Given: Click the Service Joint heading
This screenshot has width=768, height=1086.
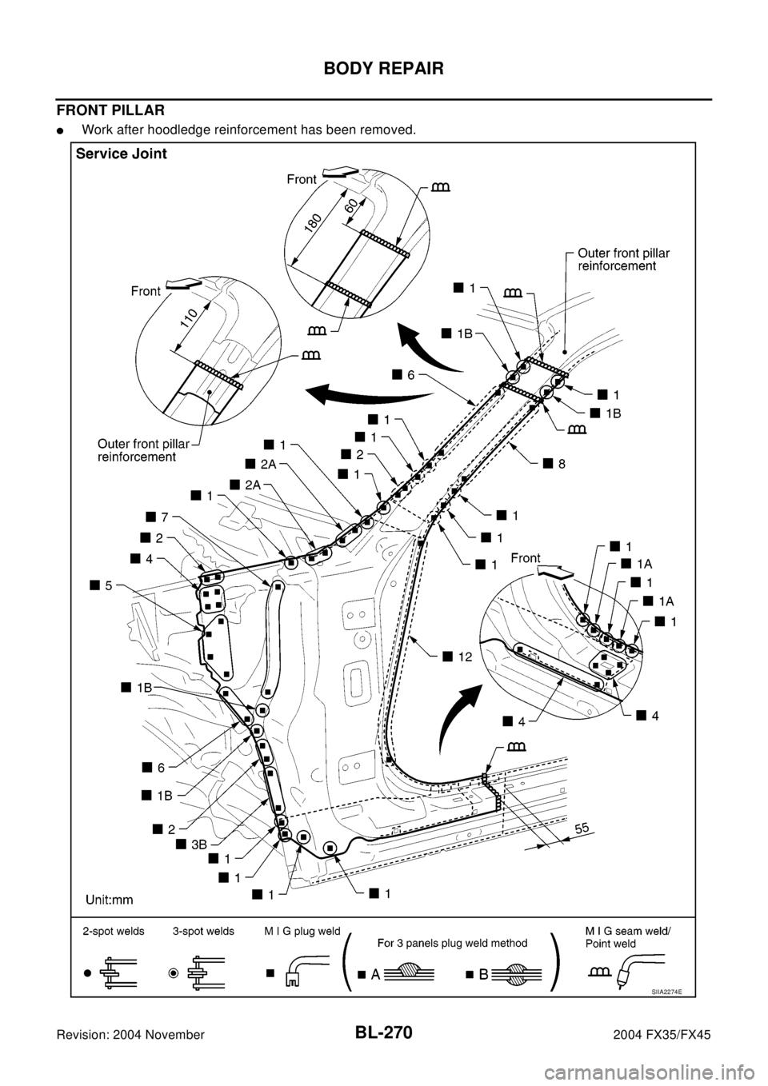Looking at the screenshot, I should [x=122, y=155].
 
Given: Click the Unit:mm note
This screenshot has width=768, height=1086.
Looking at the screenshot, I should [x=110, y=899].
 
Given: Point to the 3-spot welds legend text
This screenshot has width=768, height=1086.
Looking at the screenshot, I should [x=203, y=932].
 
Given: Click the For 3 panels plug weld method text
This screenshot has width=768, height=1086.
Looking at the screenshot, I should [x=453, y=942].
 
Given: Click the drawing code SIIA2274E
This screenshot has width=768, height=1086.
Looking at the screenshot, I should [x=670, y=991].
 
